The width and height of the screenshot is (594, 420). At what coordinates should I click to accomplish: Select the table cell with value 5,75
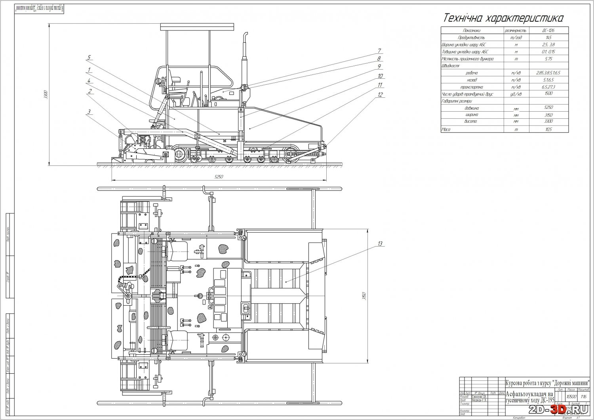point(548,59)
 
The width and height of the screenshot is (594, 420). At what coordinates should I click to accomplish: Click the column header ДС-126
point(548,30)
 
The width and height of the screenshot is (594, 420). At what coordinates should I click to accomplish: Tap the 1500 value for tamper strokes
point(548,94)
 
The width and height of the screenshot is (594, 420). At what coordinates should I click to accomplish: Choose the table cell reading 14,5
point(548,38)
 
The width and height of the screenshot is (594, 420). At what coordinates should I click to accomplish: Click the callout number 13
point(380,244)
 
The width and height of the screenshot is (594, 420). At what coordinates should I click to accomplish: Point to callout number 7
point(379,51)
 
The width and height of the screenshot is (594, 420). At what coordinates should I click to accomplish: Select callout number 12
point(380,95)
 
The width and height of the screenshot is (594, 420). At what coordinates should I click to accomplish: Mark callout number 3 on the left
point(89,112)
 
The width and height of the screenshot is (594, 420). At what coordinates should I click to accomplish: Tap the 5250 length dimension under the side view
point(219,177)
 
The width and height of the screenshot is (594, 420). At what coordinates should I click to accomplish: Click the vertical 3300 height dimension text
point(46,95)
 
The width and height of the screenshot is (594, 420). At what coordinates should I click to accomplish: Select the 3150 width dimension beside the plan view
point(369,296)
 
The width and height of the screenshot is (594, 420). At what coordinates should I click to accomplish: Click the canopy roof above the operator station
point(197,27)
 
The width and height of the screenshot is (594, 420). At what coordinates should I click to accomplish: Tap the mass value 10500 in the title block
point(571,396)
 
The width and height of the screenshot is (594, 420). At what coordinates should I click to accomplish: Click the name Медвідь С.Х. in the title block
point(479,400)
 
